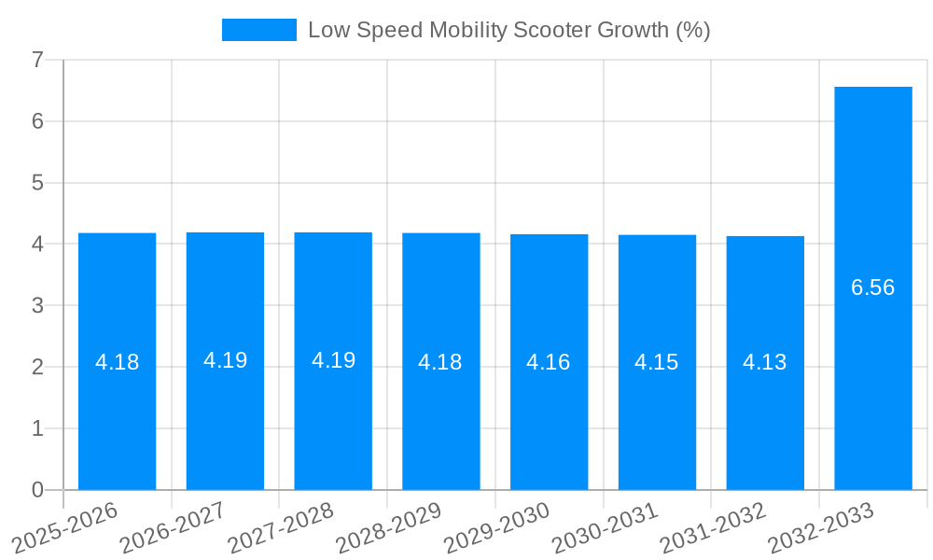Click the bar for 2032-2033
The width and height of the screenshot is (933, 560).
pyautogui.click(x=872, y=373)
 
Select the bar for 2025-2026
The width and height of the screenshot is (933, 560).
pyautogui.click(x=117, y=420)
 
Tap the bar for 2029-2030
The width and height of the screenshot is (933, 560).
pyautogui.click(x=549, y=420)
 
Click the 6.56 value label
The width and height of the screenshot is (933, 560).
pyautogui.click(x=872, y=287)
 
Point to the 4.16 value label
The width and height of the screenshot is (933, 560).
pyautogui.click(x=549, y=362)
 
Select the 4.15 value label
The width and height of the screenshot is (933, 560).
pyautogui.click(x=657, y=362)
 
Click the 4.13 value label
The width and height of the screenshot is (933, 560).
pyautogui.click(x=765, y=362)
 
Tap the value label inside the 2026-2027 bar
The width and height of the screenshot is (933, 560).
pyautogui.click(x=225, y=360)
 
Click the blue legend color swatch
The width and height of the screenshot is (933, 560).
pyautogui.click(x=258, y=30)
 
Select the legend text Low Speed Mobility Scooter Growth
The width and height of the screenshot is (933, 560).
pyautogui.click(x=508, y=30)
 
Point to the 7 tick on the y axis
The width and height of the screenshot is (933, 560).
pyautogui.click(x=37, y=60)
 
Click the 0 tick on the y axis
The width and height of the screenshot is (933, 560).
pyautogui.click(x=37, y=490)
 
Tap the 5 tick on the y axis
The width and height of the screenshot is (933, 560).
pyautogui.click(x=37, y=183)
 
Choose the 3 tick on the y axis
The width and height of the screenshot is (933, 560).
pyautogui.click(x=37, y=306)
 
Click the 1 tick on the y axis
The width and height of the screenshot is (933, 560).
pyautogui.click(x=37, y=428)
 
